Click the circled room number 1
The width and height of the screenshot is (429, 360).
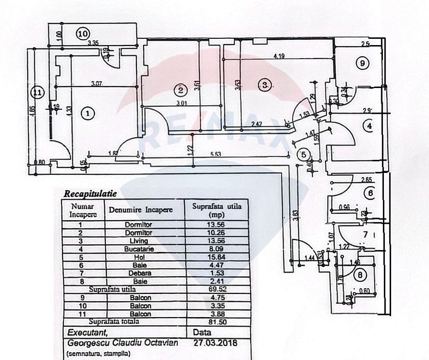pyautogui.click(x=88, y=113)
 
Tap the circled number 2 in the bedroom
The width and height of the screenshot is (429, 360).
pyautogui.click(x=180, y=90)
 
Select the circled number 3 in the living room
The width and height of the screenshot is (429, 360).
pyautogui.click(x=265, y=84)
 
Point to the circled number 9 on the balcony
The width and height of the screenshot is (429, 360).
pyautogui.click(x=363, y=63)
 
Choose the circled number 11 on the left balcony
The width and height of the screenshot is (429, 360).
pyautogui.click(x=38, y=93)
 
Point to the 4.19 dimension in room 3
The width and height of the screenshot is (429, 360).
pyautogui.click(x=279, y=56)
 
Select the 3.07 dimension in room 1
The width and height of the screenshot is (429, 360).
pyautogui.click(x=97, y=83)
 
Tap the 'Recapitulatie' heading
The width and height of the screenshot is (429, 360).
pyautogui.click(x=90, y=194)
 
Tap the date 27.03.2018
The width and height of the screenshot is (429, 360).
pyautogui.click(x=215, y=343)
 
